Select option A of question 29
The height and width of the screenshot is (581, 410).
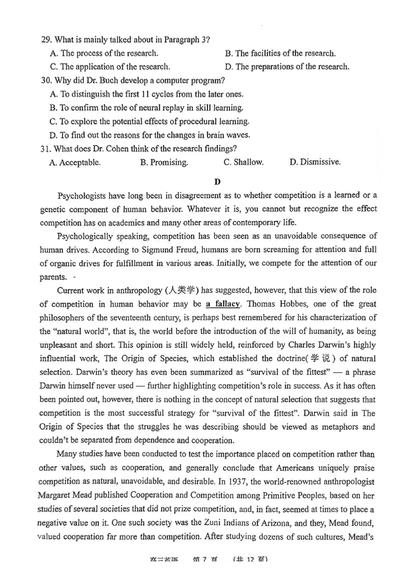(x=104, y=53)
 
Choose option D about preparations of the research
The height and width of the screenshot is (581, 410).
(x=287, y=66)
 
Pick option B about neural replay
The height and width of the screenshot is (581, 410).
(x=147, y=108)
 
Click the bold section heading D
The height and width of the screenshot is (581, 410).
(x=217, y=181)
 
